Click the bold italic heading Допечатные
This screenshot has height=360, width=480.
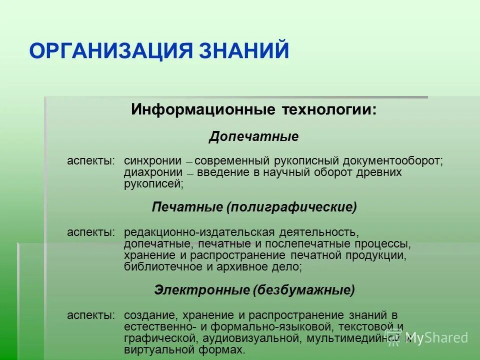point(253,136)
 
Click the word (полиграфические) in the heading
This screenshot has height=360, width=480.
point(291,207)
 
